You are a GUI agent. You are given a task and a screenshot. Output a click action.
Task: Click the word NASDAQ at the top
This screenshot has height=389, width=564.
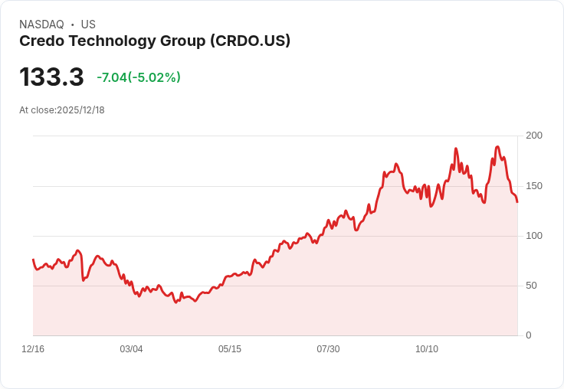(x=42, y=25)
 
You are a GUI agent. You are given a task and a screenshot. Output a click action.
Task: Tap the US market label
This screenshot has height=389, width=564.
(x=87, y=25)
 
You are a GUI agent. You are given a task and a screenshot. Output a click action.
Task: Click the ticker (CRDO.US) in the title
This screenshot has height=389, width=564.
(x=250, y=41)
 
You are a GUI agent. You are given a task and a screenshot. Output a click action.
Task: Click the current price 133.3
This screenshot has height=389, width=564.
(x=51, y=77)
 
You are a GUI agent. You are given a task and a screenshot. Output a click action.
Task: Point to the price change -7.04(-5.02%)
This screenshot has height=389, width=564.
(x=139, y=77)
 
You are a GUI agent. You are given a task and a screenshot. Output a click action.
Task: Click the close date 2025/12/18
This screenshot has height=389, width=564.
(x=80, y=110)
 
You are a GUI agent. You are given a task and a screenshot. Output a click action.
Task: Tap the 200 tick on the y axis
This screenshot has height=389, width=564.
(x=534, y=136)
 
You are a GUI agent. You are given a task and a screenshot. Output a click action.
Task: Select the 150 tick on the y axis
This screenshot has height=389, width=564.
(x=534, y=186)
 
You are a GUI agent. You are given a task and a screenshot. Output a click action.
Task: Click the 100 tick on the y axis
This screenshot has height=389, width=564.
(x=534, y=236)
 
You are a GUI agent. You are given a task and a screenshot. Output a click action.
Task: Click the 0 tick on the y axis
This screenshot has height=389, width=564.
(x=529, y=335)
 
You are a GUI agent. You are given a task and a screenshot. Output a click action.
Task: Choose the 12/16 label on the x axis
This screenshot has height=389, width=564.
(x=33, y=349)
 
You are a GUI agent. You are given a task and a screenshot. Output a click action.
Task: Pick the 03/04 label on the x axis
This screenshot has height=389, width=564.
(x=131, y=349)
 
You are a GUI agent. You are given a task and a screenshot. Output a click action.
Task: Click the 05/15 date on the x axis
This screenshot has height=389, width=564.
(x=230, y=349)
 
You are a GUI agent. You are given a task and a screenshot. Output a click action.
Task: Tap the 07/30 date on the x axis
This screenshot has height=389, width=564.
(x=328, y=349)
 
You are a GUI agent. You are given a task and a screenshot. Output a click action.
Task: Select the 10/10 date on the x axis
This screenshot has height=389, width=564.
(x=427, y=349)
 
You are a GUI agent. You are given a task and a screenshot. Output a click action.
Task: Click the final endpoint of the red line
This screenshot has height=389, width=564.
(x=517, y=202)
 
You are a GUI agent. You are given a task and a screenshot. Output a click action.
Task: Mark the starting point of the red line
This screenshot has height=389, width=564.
(x=33, y=260)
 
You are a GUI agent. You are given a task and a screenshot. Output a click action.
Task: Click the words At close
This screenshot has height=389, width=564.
(x=37, y=110)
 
